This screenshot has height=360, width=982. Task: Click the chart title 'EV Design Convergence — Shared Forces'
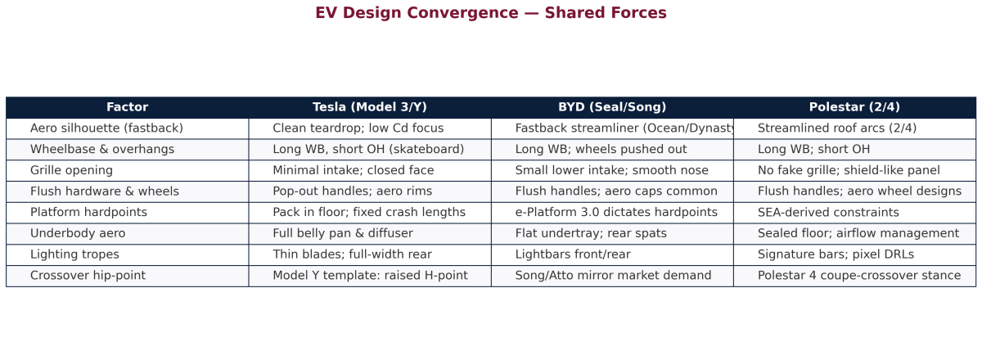[x=491, y=13]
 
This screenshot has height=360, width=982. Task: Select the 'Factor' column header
[x=127, y=107]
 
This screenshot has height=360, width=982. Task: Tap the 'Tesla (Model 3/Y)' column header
[x=370, y=107]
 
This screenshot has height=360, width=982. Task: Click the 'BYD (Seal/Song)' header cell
[x=612, y=107]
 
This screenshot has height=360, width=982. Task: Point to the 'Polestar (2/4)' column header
[x=854, y=107]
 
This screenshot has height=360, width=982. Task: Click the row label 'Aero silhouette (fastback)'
[x=106, y=128]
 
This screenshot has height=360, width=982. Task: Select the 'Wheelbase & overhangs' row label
[x=102, y=149]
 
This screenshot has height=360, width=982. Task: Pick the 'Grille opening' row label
[x=71, y=170]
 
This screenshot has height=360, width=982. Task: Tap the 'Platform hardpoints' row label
[x=88, y=212]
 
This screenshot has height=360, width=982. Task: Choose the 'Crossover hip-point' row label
[x=88, y=276]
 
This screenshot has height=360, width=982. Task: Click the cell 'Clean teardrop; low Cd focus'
[x=358, y=128]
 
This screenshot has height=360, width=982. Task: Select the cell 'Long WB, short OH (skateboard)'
[x=368, y=149]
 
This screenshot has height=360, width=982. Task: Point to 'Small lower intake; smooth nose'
[x=611, y=170]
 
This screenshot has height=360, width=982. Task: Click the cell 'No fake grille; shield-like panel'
[x=849, y=170]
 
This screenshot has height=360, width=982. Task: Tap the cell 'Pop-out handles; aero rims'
[x=353, y=191]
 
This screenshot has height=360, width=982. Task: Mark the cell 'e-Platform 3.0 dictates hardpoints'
[x=616, y=212]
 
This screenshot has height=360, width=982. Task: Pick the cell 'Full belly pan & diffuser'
[x=343, y=233]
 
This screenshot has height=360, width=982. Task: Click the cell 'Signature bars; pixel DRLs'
[x=836, y=254]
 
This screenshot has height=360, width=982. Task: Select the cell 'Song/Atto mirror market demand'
[x=613, y=276]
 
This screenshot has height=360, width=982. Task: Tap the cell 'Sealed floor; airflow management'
[x=858, y=233]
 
